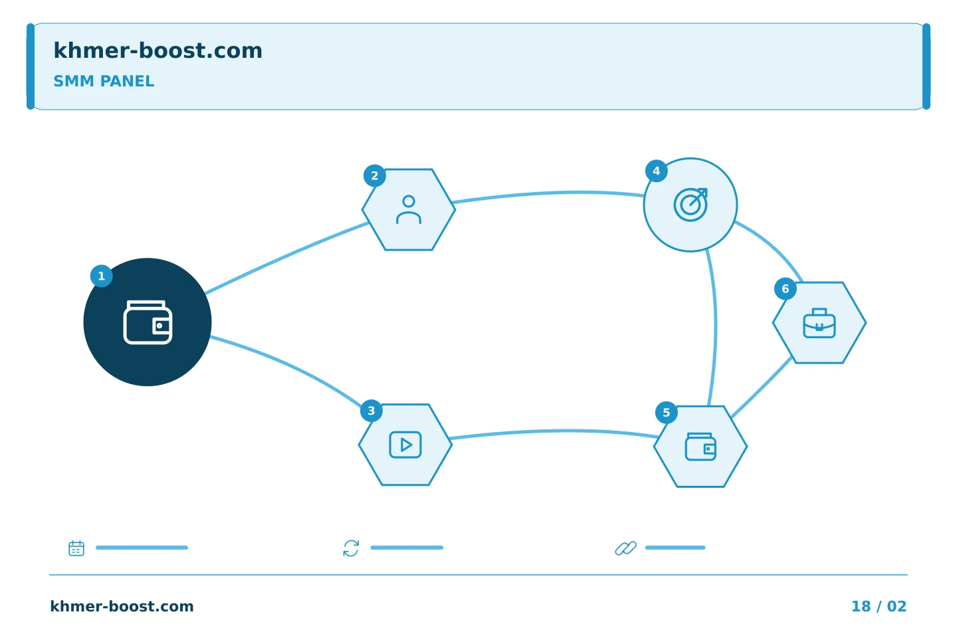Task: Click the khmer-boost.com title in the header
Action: pyautogui.click(x=158, y=51)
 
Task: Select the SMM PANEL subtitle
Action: pyautogui.click(x=104, y=81)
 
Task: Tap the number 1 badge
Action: pyautogui.click(x=101, y=276)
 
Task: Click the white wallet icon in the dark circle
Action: pyautogui.click(x=148, y=322)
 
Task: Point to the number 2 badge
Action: pyautogui.click(x=375, y=175)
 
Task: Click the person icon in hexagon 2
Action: pyautogui.click(x=409, y=209)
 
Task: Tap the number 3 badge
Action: pyautogui.click(x=372, y=411)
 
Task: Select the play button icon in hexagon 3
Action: pyautogui.click(x=405, y=445)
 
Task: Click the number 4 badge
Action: pyautogui.click(x=656, y=171)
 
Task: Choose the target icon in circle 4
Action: pyautogui.click(x=691, y=205)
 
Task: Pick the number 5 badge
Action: pyautogui.click(x=666, y=412)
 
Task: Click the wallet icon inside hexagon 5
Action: pyautogui.click(x=700, y=447)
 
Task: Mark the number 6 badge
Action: pyautogui.click(x=786, y=289)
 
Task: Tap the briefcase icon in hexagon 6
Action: pyautogui.click(x=819, y=323)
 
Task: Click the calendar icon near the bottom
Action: pyautogui.click(x=76, y=548)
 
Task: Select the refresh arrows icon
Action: pyautogui.click(x=351, y=548)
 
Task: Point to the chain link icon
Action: pyautogui.click(x=626, y=548)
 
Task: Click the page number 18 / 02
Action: pyautogui.click(x=879, y=606)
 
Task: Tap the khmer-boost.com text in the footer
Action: pyautogui.click(x=122, y=606)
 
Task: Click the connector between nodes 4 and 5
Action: pyautogui.click(x=716, y=328)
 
